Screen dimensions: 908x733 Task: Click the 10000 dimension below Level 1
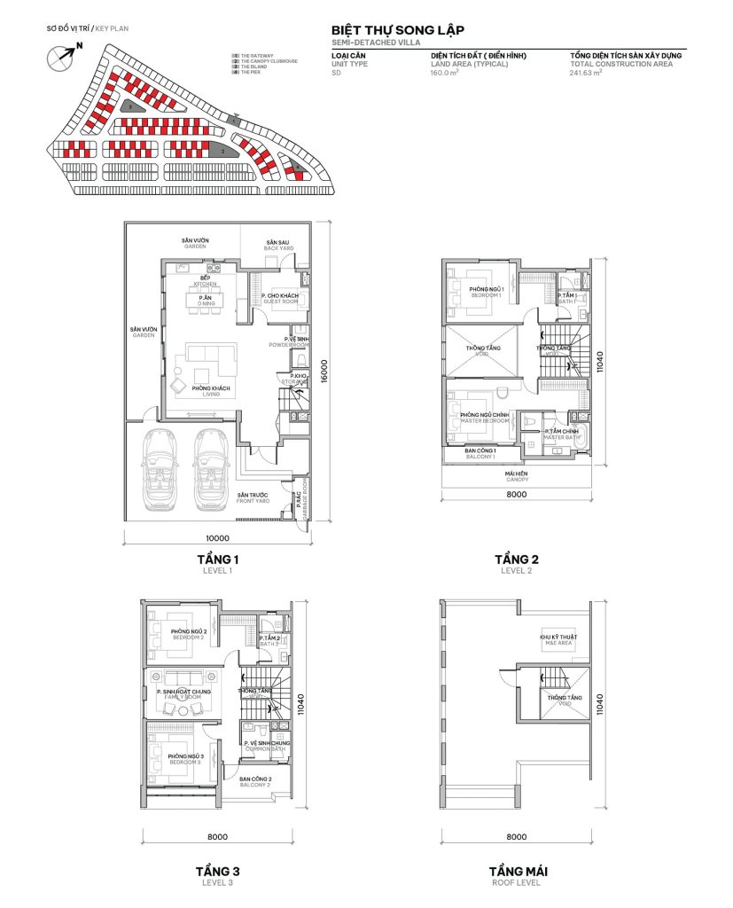click(x=217, y=537)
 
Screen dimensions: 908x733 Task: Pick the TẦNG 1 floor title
click(x=218, y=560)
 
